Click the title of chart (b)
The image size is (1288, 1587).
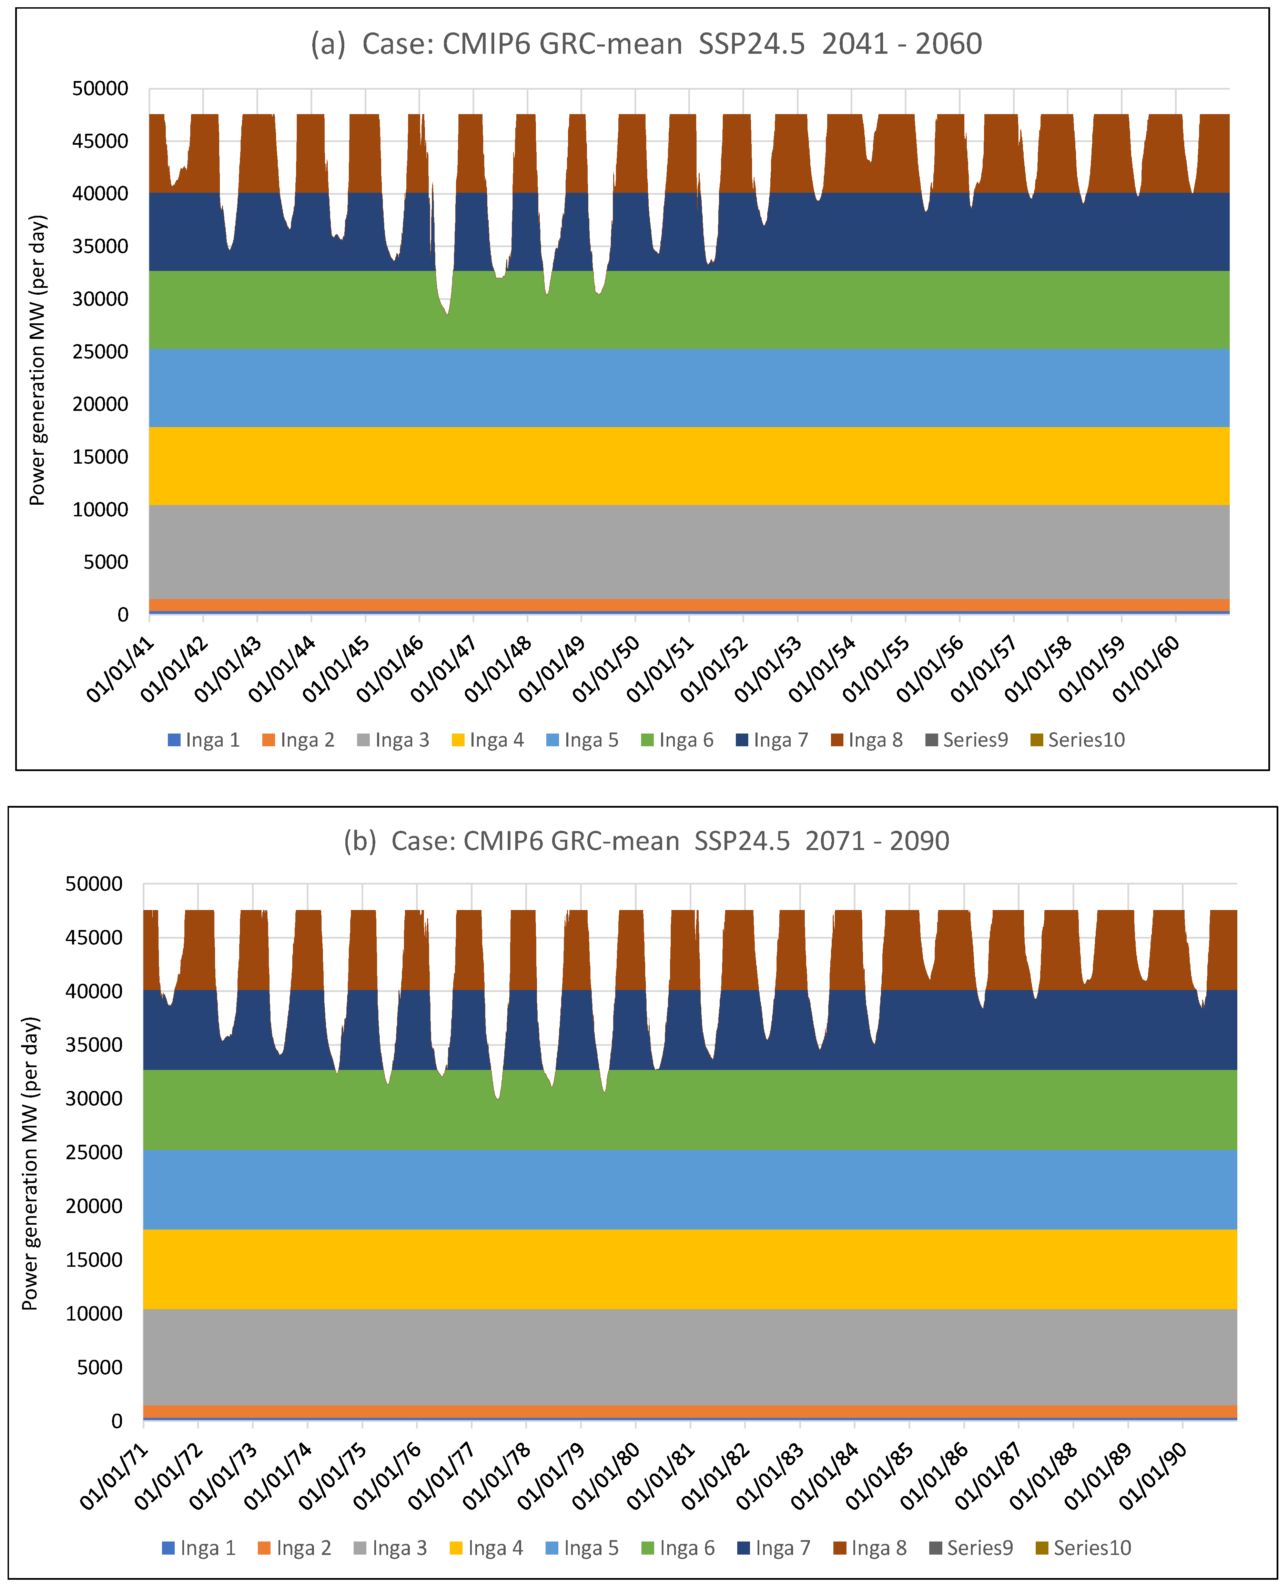tap(646, 841)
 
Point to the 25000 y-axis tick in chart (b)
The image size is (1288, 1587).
tap(94, 1152)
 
